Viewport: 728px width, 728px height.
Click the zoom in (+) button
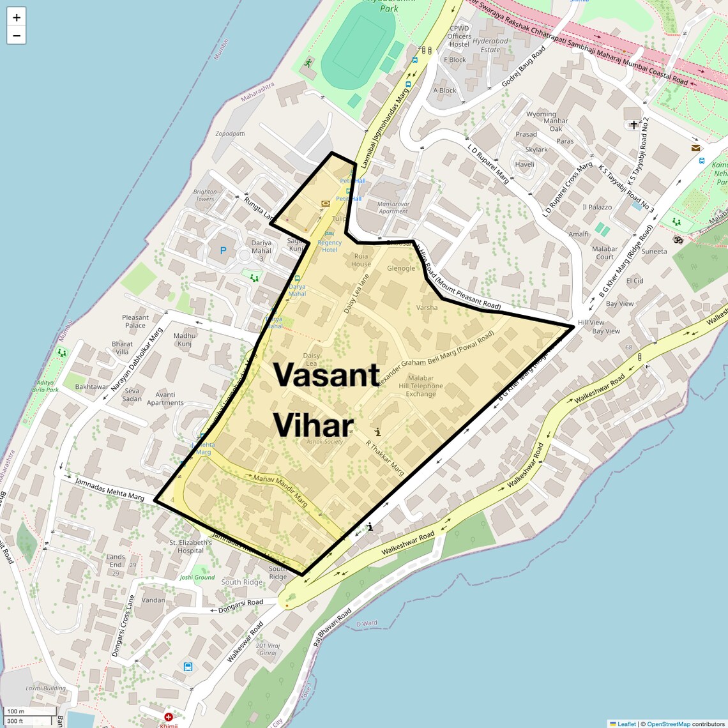tap(17, 17)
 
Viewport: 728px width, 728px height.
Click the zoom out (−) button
tap(17, 36)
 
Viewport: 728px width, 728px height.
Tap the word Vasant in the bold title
tap(327, 374)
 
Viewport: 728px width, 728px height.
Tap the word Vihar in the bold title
tap(314, 425)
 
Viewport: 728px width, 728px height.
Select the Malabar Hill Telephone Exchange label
tap(421, 386)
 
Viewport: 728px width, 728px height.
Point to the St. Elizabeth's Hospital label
tap(190, 547)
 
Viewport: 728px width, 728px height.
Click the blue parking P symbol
tap(223, 251)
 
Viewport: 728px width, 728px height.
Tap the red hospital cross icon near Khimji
tap(169, 717)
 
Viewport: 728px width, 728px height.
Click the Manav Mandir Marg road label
tap(280, 490)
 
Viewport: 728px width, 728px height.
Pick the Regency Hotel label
tap(330, 246)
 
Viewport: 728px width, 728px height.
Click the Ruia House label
tap(361, 260)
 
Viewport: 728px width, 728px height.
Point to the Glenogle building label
tap(401, 268)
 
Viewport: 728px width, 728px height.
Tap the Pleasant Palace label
tap(135, 321)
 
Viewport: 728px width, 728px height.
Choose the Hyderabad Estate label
tap(490, 45)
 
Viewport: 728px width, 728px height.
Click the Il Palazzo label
tap(597, 207)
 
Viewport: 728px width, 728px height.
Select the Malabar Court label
tap(605, 253)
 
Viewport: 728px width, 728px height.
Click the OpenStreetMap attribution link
tap(668, 724)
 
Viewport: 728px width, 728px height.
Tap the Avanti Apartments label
tap(165, 398)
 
